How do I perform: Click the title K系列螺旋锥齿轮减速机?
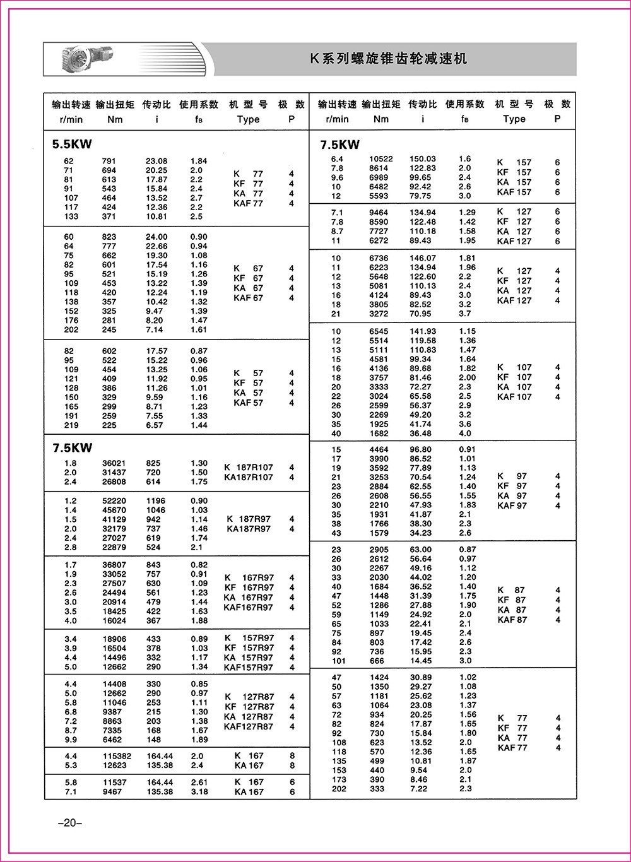pyautogui.click(x=388, y=59)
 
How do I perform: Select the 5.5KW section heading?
pyautogui.click(x=72, y=144)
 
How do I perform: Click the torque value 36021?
pyautogui.click(x=114, y=463)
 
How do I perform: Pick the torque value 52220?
pyautogui.click(x=114, y=500)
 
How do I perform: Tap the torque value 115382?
pyautogui.click(x=116, y=756)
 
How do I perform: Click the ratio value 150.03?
pyautogui.click(x=423, y=159)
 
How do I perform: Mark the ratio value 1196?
pyautogui.click(x=155, y=500)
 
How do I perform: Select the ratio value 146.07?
pyautogui.click(x=423, y=258)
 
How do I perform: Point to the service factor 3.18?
pyautogui.click(x=199, y=791)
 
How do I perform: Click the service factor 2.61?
pyautogui.click(x=199, y=782)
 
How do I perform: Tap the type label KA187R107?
pyautogui.click(x=249, y=478)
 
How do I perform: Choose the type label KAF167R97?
pyautogui.click(x=248, y=608)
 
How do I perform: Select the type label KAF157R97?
pyautogui.click(x=248, y=667)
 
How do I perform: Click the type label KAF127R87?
pyautogui.click(x=248, y=727)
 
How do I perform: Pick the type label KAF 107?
pyautogui.click(x=514, y=397)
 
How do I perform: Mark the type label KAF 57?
pyautogui.click(x=248, y=403)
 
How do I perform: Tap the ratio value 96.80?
pyautogui.click(x=420, y=449)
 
